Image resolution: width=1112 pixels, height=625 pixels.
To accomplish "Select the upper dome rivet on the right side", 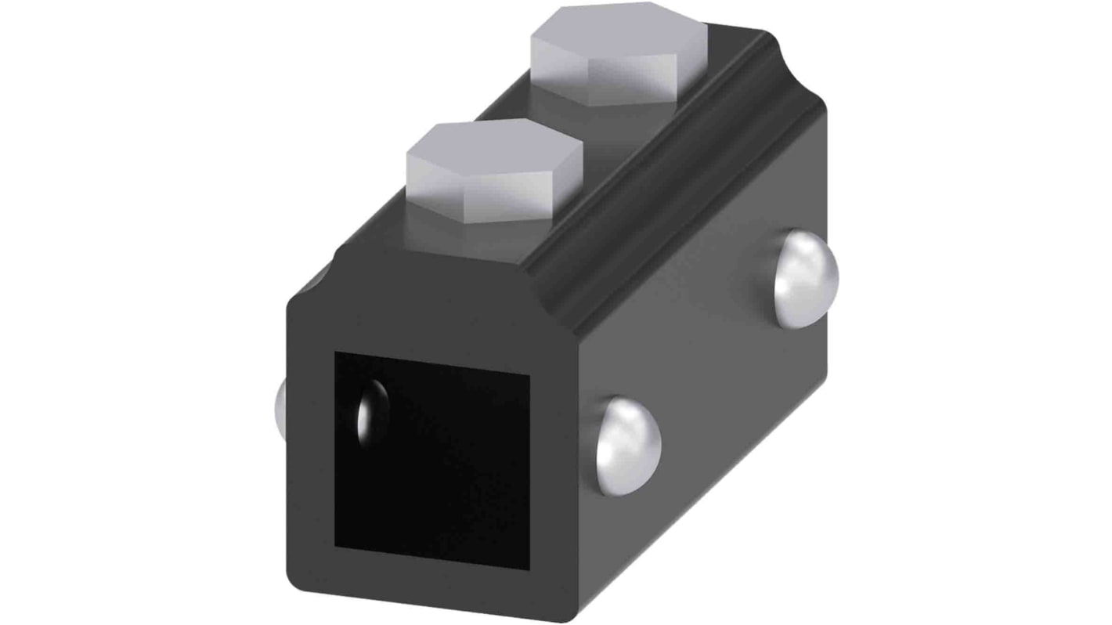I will [806, 267].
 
